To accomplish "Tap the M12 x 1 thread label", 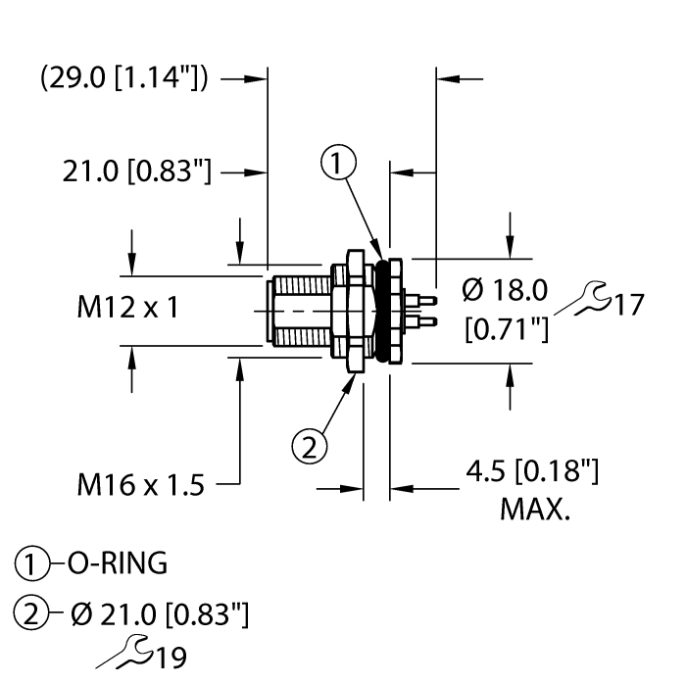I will (127, 308).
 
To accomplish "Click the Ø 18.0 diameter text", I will (504, 289).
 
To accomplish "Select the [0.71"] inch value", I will (506, 332).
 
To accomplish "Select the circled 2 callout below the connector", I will (310, 448).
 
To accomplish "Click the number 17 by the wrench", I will (626, 304).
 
